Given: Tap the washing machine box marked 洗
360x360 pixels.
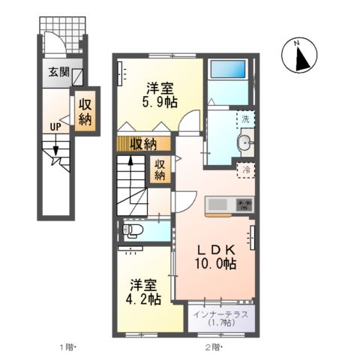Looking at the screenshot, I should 245,118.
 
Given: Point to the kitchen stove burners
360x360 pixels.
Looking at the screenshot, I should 244,202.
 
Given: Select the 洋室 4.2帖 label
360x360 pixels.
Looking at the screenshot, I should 144,291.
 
